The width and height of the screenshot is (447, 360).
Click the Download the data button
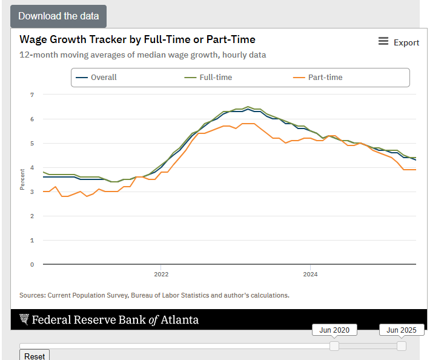58,16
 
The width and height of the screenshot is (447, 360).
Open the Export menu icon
383,41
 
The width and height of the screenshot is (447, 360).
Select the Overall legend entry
104,77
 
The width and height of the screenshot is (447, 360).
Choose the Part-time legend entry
325,77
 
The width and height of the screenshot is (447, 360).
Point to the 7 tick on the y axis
32,95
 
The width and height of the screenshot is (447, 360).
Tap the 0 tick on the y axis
32,264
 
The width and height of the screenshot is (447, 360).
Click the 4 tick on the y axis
32,167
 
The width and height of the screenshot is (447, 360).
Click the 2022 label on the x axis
161,274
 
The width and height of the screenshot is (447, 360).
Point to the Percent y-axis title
22,180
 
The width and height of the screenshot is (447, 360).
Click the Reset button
35,356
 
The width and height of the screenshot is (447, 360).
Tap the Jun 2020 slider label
334,330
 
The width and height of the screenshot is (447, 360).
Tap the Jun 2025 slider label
402,330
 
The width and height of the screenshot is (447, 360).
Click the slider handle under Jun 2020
334,345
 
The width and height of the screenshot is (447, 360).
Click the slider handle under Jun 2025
402,345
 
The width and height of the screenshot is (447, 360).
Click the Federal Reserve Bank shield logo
24,319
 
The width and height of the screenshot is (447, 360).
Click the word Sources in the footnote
32,295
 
